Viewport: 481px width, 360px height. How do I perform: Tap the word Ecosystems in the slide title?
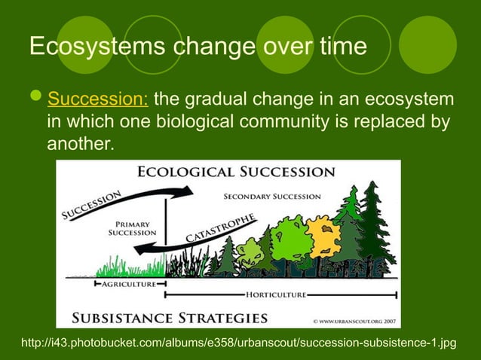tap(98, 47)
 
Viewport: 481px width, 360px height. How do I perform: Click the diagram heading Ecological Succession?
tap(236, 172)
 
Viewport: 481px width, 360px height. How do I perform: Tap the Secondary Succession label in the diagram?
tap(272, 197)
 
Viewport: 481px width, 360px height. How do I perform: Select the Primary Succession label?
tap(134, 228)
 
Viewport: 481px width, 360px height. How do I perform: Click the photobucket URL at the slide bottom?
tap(240, 343)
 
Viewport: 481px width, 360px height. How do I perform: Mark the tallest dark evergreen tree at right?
tap(372, 226)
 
